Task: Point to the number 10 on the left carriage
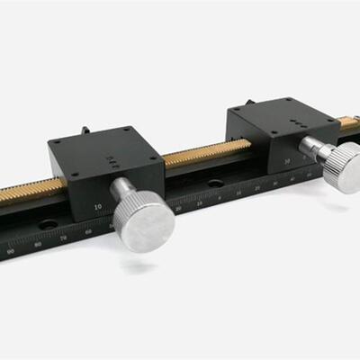click(97, 206)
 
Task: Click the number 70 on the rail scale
click(63, 238)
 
